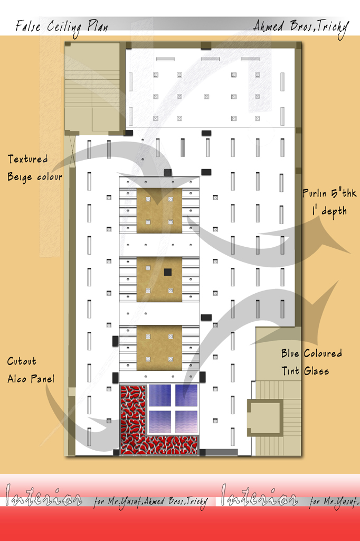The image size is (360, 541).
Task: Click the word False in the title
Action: click(x=29, y=26)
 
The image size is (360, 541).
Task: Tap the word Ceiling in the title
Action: click(x=64, y=27)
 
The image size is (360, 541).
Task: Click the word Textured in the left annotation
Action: click(x=27, y=159)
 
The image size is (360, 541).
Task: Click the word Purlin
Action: click(x=315, y=193)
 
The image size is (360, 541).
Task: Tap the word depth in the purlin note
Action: click(x=334, y=211)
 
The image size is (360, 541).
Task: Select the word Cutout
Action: click(x=22, y=361)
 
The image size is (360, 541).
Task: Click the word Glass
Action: click(x=316, y=371)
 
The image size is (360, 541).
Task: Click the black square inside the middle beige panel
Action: click(x=167, y=272)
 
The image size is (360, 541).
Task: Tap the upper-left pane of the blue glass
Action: click(x=159, y=395)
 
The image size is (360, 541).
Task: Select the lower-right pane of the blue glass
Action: click(x=186, y=422)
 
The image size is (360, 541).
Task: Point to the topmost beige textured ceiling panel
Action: click(x=159, y=210)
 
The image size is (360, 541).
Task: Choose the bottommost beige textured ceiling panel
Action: click(x=159, y=348)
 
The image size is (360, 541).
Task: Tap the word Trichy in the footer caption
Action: click(x=197, y=502)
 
